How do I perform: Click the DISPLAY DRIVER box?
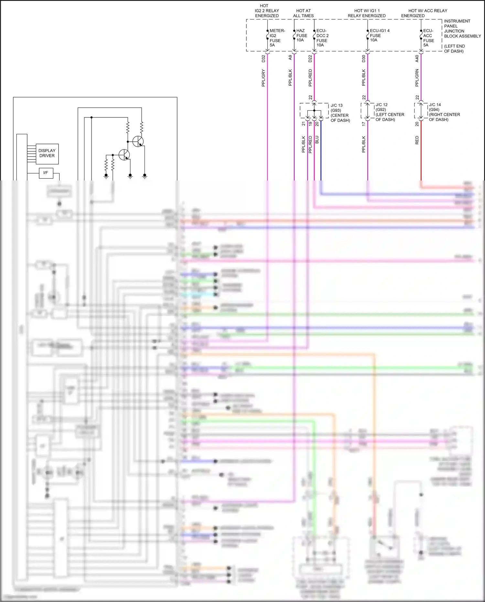point(47,154)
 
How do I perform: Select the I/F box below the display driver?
point(46,173)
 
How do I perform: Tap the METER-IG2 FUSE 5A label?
point(276,38)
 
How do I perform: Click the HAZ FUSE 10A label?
point(301,36)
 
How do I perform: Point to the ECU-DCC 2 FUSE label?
point(322,38)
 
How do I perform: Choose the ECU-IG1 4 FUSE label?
point(379,35)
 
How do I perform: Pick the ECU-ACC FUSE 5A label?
point(428,38)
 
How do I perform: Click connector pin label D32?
point(263,59)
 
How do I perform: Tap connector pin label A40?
point(417,59)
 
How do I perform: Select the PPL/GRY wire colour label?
point(263,78)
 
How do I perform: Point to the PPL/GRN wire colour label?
point(417,78)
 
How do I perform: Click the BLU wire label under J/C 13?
point(317,140)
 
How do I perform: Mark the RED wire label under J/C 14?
point(417,140)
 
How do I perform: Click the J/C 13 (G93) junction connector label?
point(340,113)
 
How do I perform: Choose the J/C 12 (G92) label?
point(389,112)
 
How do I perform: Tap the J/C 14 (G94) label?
point(444,112)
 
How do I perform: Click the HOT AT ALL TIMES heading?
point(303,13)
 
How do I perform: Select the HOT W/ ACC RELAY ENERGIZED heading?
point(424,13)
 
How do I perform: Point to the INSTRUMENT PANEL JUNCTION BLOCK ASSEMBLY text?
point(462,29)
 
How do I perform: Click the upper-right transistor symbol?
point(138,141)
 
